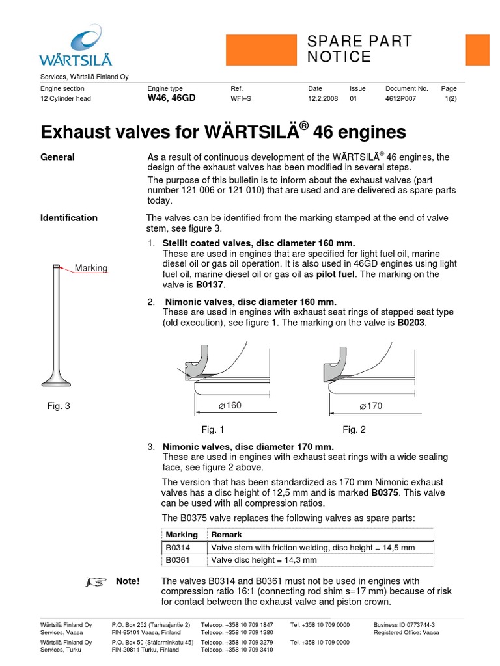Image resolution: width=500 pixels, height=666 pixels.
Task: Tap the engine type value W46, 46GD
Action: [171, 98]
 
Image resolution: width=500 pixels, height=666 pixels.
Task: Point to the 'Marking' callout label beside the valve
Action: [91, 268]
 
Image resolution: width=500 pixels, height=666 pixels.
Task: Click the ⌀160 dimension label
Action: [230, 406]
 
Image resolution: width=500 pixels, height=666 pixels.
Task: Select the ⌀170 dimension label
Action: [371, 406]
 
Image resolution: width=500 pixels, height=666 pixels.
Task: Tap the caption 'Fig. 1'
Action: [213, 429]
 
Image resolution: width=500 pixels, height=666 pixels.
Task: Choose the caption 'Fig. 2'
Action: [354, 429]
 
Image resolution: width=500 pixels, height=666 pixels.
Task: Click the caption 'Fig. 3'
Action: [59, 406]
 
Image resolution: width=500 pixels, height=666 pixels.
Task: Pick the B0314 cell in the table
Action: [178, 548]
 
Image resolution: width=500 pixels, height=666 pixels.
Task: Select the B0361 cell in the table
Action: [178, 559]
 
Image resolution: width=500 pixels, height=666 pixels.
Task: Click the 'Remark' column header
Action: [227, 535]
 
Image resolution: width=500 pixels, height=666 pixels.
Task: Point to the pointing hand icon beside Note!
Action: [94, 581]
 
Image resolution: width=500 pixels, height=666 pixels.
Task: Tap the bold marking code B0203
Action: [411, 323]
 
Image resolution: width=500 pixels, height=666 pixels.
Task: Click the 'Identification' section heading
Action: [69, 218]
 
